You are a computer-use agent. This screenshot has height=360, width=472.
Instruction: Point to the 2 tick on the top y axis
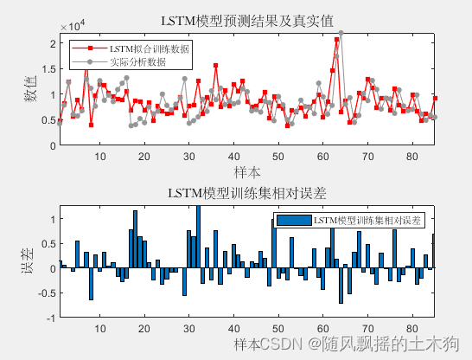(53, 43)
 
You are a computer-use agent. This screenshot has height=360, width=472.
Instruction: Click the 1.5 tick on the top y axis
(48, 69)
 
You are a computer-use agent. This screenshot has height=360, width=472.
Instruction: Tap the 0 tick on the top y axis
(53, 145)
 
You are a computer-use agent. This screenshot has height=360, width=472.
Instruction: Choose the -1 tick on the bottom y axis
(50, 318)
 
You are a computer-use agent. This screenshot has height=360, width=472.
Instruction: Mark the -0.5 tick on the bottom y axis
(47, 292)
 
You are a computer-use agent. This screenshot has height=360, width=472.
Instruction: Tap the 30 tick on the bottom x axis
(188, 329)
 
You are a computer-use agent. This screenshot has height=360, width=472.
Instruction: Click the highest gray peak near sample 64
(341, 33)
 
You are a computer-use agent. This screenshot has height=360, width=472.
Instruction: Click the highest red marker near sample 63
(335, 40)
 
